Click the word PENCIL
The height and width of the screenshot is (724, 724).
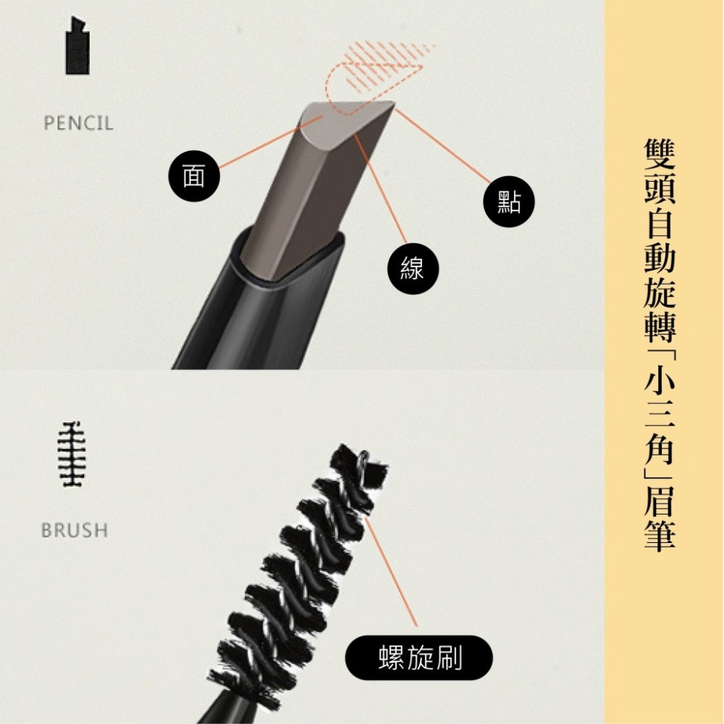coord(78,123)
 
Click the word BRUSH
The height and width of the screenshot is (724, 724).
coord(75,530)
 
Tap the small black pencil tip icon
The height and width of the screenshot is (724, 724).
coord(77,45)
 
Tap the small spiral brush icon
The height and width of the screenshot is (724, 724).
coord(72,455)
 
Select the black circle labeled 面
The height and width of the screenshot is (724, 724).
coord(194,176)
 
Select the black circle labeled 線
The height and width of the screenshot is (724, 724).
coord(413,269)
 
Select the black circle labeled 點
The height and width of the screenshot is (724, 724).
coord(509,202)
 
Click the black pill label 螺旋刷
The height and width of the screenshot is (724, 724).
coord(418,658)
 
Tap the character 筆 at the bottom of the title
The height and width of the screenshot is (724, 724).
coord(660,536)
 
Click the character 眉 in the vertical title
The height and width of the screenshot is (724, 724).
coord(660,500)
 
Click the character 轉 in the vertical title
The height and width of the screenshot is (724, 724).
coord(660,327)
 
